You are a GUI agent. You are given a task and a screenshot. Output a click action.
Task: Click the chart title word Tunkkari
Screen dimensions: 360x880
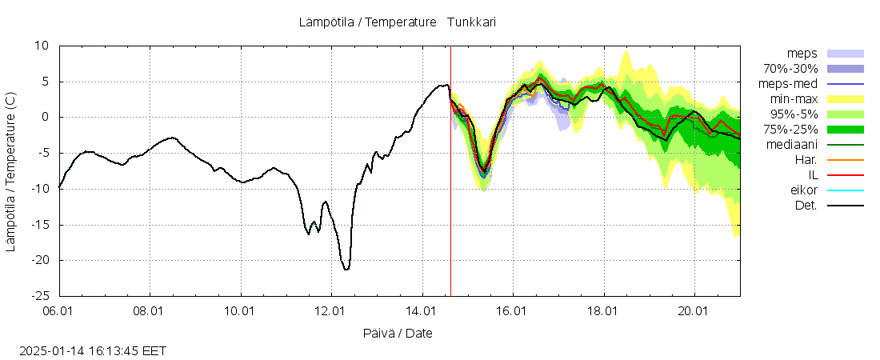pyautogui.click(x=471, y=22)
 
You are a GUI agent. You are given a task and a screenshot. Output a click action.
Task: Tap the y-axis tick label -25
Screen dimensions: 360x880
pyautogui.click(x=39, y=296)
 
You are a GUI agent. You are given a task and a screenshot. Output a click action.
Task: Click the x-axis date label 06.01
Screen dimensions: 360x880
pyautogui.click(x=60, y=310)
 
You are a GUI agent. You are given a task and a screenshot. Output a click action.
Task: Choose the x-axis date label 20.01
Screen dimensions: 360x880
pyautogui.click(x=694, y=310)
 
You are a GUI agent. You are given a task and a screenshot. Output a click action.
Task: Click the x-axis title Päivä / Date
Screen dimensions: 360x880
pyautogui.click(x=398, y=333)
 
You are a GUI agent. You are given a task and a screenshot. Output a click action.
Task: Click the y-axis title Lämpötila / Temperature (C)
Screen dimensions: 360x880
pyautogui.click(x=10, y=171)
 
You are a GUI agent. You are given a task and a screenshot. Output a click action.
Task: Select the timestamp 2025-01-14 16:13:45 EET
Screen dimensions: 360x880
pyautogui.click(x=94, y=350)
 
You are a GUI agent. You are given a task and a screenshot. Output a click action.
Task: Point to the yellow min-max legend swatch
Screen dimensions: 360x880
pyautogui.click(x=846, y=99)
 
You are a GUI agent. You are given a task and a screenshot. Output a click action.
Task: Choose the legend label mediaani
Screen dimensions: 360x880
pyautogui.click(x=791, y=145)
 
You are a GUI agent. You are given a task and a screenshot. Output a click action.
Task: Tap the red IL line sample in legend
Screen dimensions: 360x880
pyautogui.click(x=846, y=175)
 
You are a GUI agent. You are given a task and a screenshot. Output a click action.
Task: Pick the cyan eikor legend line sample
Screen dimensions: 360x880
pyautogui.click(x=846, y=190)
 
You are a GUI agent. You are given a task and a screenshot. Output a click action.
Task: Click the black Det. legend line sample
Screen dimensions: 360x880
pyautogui.click(x=846, y=206)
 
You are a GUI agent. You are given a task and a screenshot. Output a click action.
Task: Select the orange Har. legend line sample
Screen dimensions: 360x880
pyautogui.click(x=846, y=160)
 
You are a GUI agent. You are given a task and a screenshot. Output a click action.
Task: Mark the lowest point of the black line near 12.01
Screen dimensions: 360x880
pyautogui.click(x=346, y=270)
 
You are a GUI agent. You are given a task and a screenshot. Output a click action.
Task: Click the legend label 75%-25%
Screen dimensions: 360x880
pyautogui.click(x=790, y=130)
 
